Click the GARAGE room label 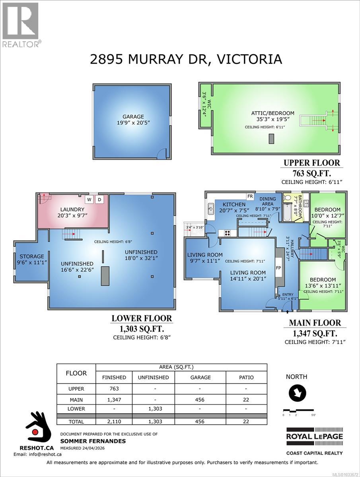point(133,117)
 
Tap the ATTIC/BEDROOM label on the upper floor point(272,113)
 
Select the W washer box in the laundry point(89,199)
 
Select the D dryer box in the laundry point(100,199)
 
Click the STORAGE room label point(30,256)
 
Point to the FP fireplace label point(278,268)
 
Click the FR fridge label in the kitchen point(250,196)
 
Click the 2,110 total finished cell point(114,421)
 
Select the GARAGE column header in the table point(200,377)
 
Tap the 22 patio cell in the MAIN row point(246,399)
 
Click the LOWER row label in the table point(76,408)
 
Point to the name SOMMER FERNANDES point(93,441)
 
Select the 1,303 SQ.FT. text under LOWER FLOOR point(142,329)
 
